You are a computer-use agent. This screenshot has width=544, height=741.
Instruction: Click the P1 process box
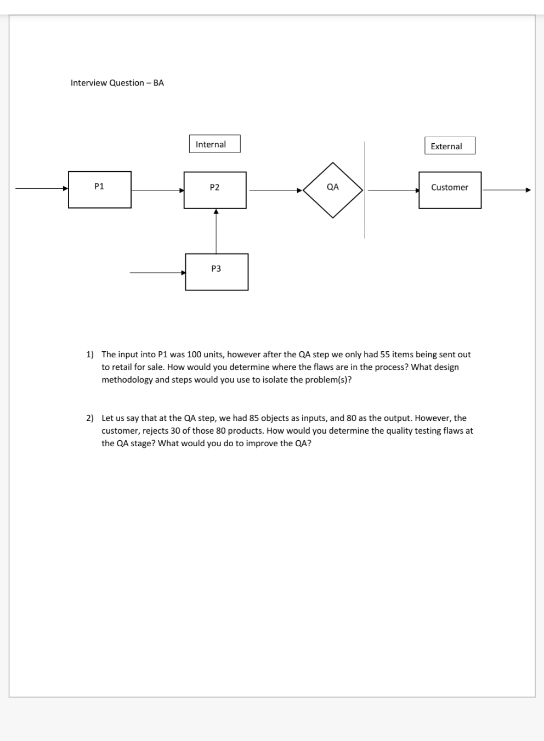(99, 189)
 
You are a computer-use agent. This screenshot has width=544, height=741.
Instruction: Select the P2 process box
(215, 190)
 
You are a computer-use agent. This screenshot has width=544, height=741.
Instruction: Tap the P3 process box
(217, 271)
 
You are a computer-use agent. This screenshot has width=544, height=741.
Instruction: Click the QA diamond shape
(333, 190)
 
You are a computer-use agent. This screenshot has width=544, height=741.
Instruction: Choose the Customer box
(450, 190)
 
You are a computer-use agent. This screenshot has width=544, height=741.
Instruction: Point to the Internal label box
(214, 144)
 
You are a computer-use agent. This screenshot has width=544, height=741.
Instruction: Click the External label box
(450, 146)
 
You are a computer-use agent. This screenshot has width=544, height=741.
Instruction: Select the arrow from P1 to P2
(157, 190)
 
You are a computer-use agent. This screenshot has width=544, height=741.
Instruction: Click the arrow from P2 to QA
(275, 190)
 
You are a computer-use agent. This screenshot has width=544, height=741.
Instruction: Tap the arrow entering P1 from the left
(42, 188)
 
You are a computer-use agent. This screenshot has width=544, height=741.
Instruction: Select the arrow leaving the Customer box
(506, 190)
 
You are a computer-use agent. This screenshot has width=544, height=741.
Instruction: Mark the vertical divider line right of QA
(365, 190)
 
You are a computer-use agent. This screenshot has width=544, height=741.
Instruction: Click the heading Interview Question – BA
(117, 83)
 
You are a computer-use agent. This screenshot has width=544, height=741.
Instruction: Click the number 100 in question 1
(194, 355)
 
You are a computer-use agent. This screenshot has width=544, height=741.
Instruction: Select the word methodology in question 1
(127, 380)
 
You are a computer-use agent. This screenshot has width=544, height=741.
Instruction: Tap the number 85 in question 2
(254, 418)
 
